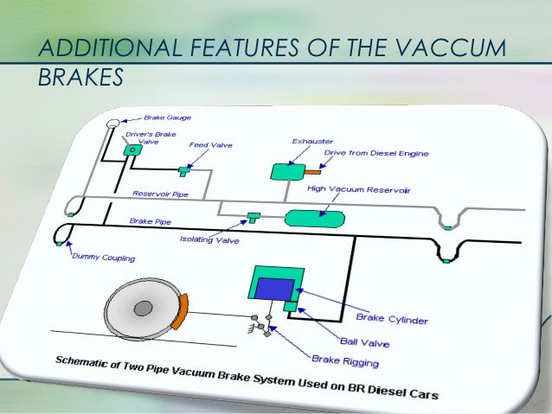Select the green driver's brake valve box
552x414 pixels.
pos(134,150)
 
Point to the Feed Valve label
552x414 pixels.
pos(209,145)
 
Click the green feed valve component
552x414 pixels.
pos(183,168)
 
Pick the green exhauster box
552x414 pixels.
pos(285,172)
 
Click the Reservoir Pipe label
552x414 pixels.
pos(160,194)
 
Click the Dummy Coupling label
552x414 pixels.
pos(97,258)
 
